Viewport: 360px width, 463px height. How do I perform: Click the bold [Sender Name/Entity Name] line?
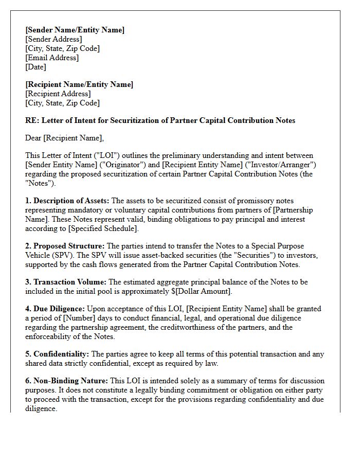(x=75, y=30)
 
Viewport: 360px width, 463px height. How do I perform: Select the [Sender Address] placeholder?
(x=53, y=39)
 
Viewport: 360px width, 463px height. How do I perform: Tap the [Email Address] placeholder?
(x=52, y=58)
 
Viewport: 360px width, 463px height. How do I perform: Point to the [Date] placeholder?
(x=35, y=67)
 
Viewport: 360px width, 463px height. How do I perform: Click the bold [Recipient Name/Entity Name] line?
(x=79, y=84)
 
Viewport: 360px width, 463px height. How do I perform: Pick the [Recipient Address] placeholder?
(x=58, y=94)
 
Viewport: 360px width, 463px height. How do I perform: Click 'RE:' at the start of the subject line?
(x=32, y=120)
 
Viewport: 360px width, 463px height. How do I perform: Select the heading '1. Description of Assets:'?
(x=67, y=201)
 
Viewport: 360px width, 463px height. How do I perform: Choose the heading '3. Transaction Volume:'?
(x=66, y=282)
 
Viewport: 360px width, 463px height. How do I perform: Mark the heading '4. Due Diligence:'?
(x=55, y=309)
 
